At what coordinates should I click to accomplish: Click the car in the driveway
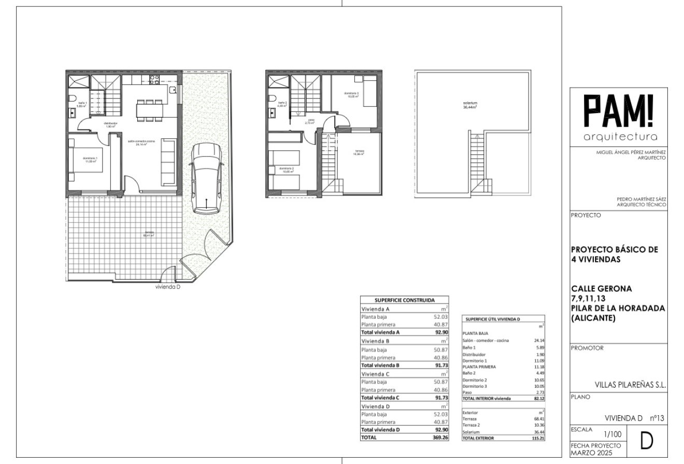coord(206,178)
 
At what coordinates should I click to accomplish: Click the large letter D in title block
coord(646,441)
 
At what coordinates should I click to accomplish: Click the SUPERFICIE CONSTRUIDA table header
coord(404,300)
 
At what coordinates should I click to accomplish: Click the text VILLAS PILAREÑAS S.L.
coord(630,385)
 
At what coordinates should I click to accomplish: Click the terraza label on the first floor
coord(360,152)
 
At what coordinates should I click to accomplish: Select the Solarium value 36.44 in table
coord(539,432)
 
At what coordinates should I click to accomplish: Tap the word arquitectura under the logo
coord(620,137)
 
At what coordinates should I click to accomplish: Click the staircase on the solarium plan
coord(477,163)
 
